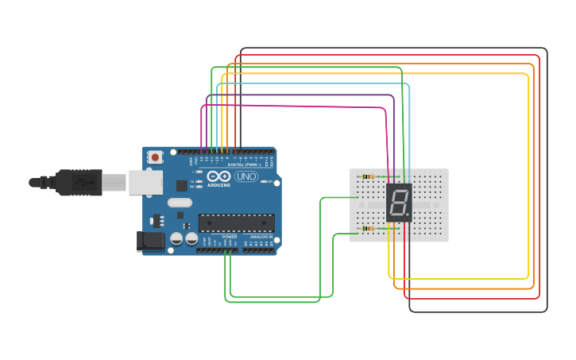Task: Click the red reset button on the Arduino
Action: point(154,157)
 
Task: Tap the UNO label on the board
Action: point(246,176)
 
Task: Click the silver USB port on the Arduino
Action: point(145,183)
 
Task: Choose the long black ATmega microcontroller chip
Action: point(236,223)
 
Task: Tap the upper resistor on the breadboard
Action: point(368,176)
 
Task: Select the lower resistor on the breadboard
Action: point(368,229)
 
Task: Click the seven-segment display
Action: point(399,203)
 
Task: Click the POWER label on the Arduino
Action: point(230,237)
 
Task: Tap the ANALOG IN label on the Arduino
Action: point(261,237)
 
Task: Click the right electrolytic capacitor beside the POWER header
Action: point(191,238)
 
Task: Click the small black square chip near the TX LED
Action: point(182,186)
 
